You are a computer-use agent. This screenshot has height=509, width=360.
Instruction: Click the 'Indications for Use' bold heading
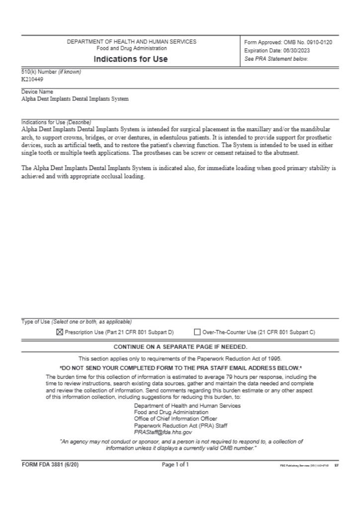(131, 59)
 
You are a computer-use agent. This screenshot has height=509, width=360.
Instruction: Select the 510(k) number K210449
(32, 79)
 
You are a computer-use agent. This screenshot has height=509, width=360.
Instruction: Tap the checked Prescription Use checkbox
(60, 332)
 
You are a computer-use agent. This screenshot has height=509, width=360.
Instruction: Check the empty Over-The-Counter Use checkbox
(197, 332)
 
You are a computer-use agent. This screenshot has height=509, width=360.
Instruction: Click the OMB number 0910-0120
(315, 42)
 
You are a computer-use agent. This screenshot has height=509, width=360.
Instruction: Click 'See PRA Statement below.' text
(276, 59)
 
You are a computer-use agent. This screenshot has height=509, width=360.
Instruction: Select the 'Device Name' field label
(37, 92)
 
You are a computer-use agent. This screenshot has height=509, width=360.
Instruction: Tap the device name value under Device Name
(75, 99)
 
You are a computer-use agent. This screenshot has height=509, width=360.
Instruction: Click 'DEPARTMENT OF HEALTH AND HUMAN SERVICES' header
(131, 42)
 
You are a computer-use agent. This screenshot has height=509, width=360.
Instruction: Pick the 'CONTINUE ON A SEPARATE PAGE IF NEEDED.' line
(180, 347)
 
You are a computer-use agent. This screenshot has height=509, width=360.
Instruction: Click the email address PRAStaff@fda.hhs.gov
(163, 432)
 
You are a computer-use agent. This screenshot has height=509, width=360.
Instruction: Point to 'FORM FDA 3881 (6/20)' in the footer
(50, 465)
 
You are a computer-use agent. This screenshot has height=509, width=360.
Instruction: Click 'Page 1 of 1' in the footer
(175, 465)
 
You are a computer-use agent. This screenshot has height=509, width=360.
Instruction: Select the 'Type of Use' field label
(36, 322)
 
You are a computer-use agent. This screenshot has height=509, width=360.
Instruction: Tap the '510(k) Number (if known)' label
(51, 72)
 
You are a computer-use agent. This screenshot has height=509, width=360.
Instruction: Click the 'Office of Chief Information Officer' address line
(176, 419)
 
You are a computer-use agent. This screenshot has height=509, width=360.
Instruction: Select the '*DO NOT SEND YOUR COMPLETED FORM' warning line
(180, 368)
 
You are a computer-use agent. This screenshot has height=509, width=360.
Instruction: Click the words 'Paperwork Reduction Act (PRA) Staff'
(181, 426)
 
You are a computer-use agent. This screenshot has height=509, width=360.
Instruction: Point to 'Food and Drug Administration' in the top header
(132, 49)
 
